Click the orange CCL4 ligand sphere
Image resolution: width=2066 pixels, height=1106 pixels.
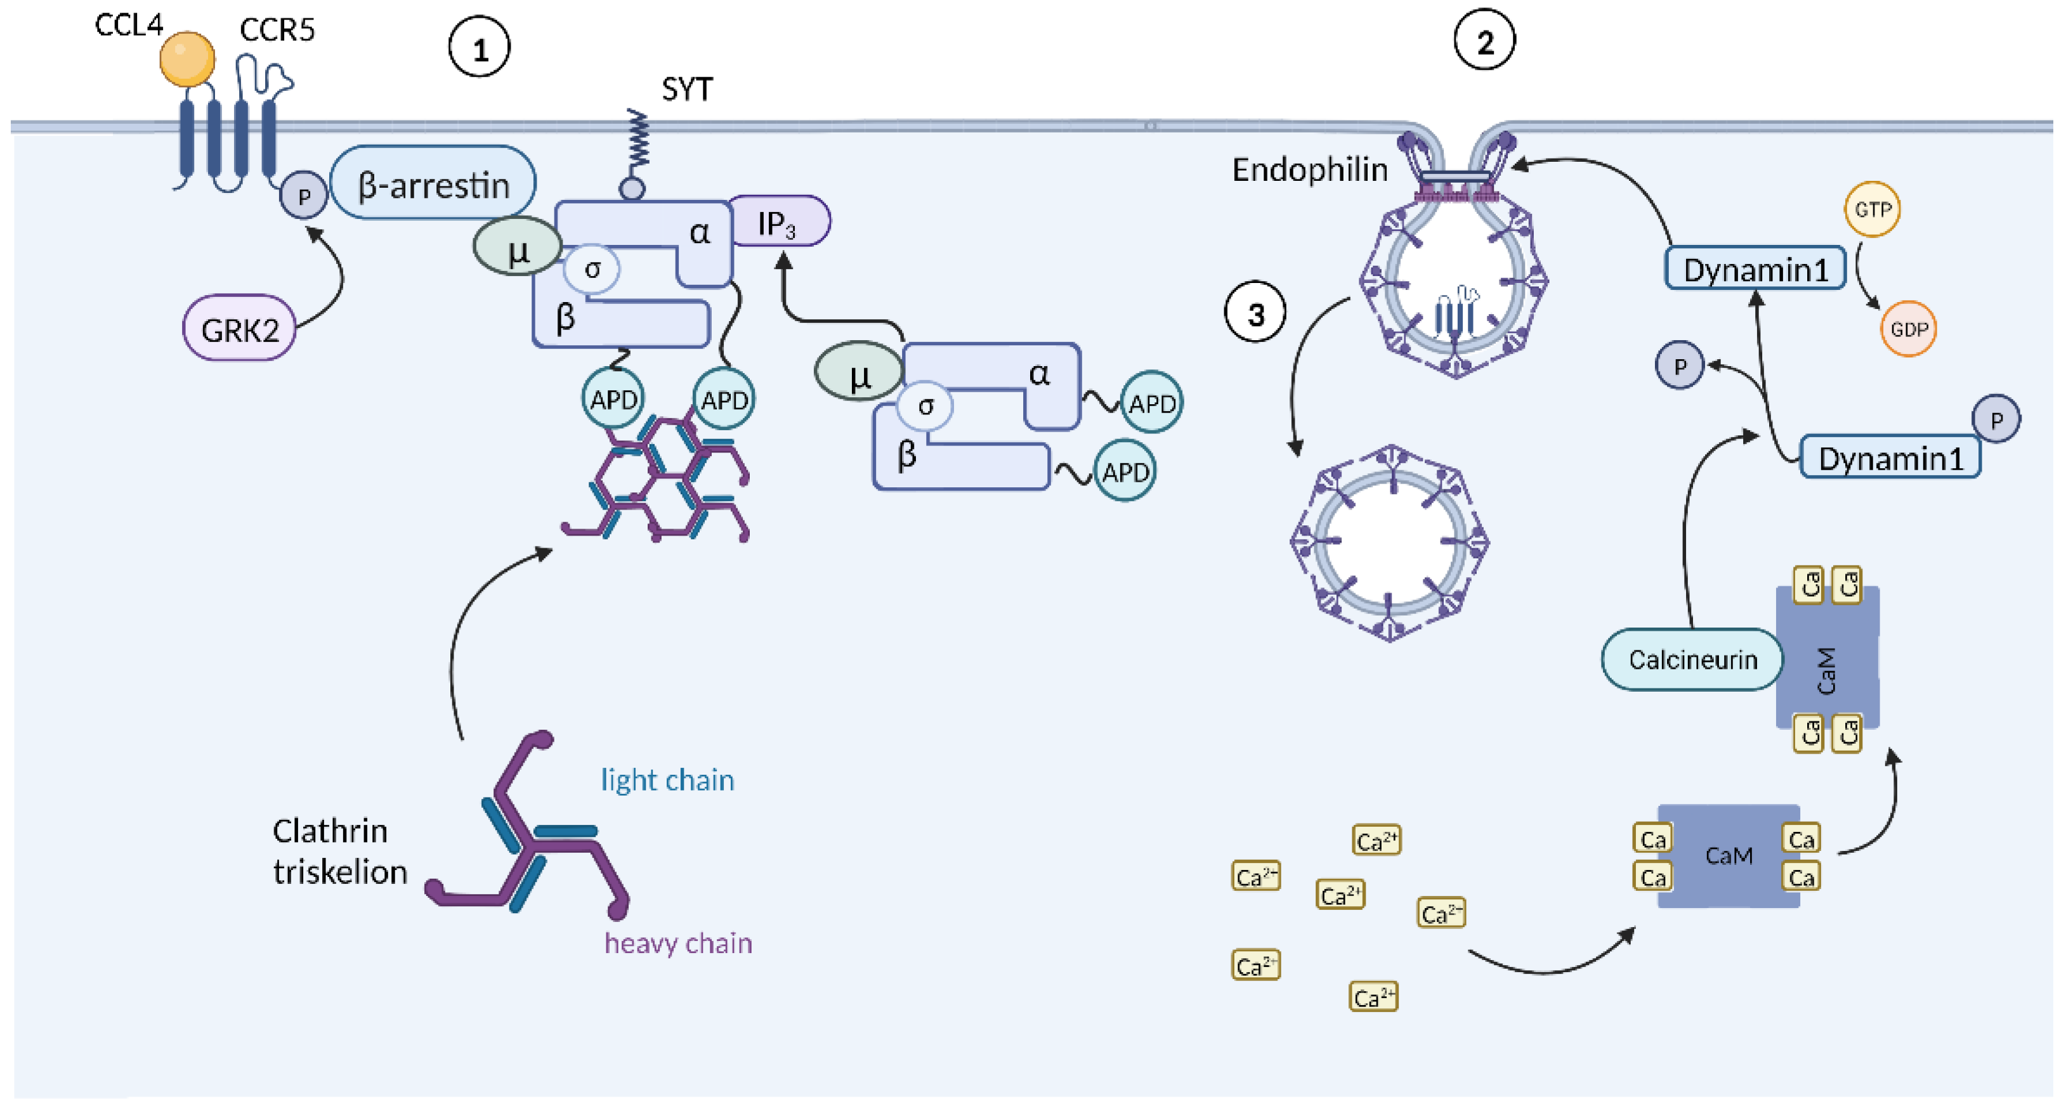click(x=187, y=58)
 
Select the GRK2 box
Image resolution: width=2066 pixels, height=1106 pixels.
click(x=239, y=329)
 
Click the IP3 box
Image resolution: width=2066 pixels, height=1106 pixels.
click(x=778, y=222)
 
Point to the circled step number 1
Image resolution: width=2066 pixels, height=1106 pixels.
click(x=479, y=48)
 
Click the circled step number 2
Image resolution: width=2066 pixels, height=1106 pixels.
click(x=1484, y=40)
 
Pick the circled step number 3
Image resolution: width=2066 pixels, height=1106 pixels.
click(x=1255, y=312)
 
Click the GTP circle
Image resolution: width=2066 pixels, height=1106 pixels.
click(x=1872, y=209)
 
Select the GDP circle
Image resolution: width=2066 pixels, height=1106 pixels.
click(x=1908, y=329)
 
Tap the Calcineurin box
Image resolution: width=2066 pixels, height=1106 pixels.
click(x=1692, y=659)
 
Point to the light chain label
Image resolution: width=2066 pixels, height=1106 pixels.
click(x=667, y=780)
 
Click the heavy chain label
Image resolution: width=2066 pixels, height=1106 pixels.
click(x=677, y=943)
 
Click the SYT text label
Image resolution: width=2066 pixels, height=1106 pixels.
click(x=686, y=89)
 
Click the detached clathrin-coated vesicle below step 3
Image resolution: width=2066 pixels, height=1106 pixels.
click(x=1389, y=544)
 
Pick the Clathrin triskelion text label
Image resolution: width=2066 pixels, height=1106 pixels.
click(x=339, y=851)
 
